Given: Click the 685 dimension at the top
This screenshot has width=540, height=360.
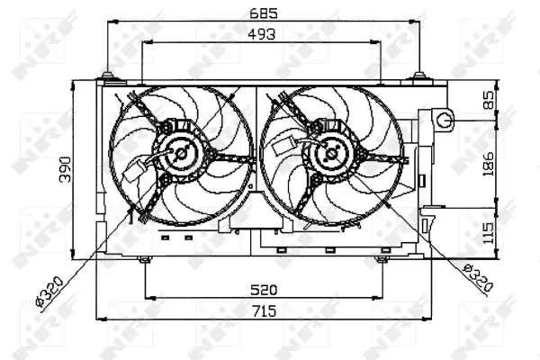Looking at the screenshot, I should [x=263, y=13].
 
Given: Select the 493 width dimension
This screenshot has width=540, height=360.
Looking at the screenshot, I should [x=263, y=33].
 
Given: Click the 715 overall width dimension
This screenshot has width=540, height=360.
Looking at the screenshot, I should [x=263, y=311].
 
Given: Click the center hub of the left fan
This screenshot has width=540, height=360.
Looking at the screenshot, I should [x=181, y=153].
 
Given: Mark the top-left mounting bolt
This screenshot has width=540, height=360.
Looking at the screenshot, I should [x=108, y=76].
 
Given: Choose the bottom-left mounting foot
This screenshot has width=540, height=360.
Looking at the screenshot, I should [x=145, y=259].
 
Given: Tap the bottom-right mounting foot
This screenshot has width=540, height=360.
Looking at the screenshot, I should [x=381, y=259].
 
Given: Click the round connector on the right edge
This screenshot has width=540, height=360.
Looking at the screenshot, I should [x=443, y=117].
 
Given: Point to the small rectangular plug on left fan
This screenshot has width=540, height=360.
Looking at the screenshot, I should [x=141, y=170].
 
